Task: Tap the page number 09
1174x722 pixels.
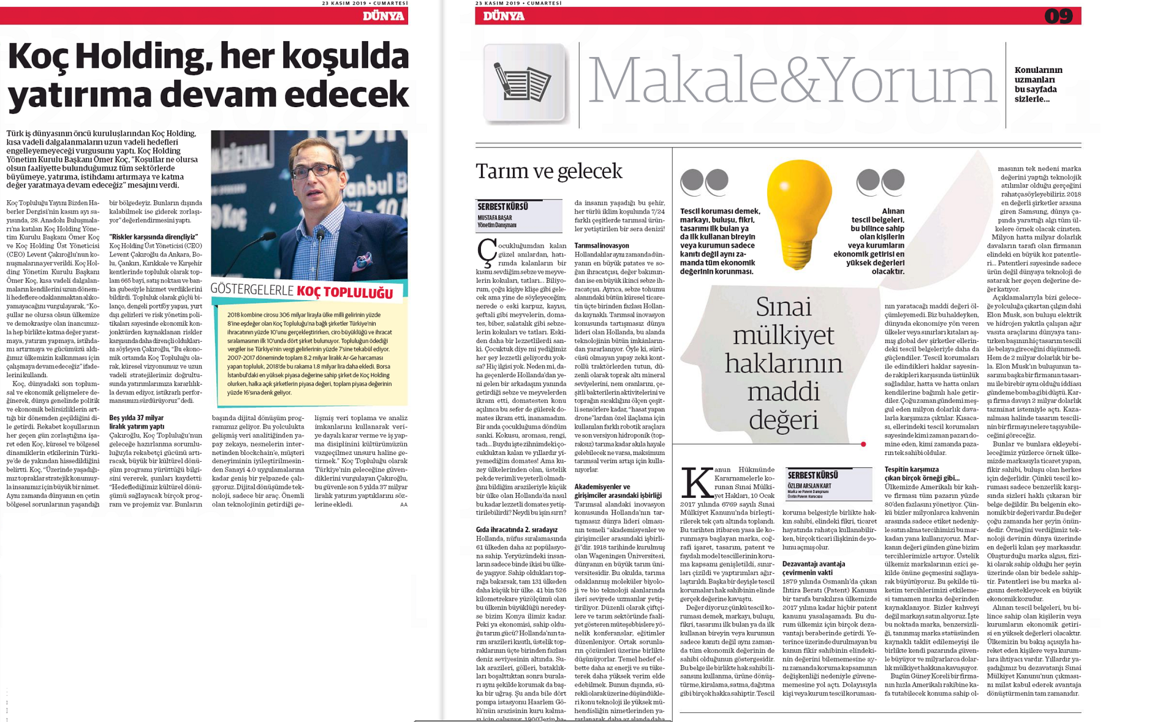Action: click(1058, 16)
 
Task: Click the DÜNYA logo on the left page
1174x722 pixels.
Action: click(383, 16)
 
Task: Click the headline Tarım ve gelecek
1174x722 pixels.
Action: click(548, 171)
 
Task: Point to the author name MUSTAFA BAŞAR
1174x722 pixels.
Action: click(494, 217)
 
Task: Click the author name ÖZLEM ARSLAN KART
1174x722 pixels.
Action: click(809, 486)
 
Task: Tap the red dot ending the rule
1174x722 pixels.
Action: click(863, 444)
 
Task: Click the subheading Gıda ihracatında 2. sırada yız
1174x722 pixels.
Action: click(517, 529)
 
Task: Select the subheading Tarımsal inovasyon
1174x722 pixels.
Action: click(601, 246)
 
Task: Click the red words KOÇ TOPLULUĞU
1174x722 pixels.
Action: click(344, 293)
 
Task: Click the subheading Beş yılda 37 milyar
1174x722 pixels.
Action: click(136, 418)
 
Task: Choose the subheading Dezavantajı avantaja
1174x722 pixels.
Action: click(813, 563)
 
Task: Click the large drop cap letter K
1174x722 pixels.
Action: click(697, 483)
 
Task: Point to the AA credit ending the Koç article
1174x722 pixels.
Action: click(403, 505)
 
